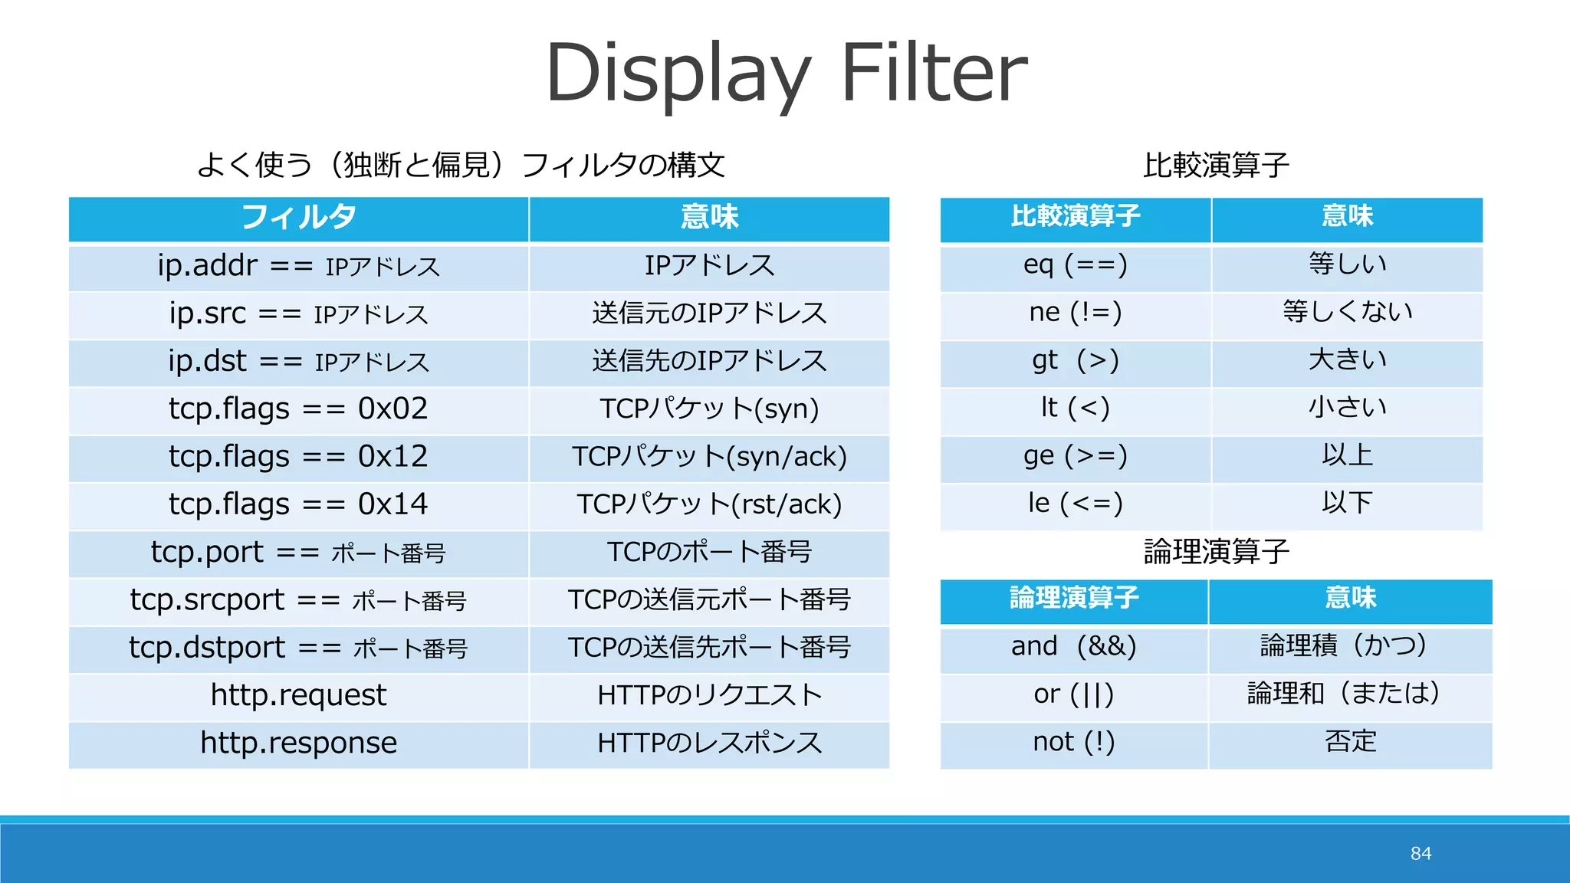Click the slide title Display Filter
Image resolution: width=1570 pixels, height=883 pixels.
click(x=786, y=73)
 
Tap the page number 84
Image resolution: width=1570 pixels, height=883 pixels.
click(x=1421, y=853)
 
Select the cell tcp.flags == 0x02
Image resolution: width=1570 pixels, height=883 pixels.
click(x=298, y=409)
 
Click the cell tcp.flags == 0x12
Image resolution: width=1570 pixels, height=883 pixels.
click(x=298, y=457)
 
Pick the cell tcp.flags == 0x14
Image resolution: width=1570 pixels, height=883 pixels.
click(x=298, y=504)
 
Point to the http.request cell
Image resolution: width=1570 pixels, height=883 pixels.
click(x=298, y=695)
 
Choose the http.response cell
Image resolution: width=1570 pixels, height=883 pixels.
click(x=298, y=743)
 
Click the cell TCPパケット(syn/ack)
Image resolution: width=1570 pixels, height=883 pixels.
click(x=709, y=457)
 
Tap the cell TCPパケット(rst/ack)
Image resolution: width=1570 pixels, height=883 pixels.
click(x=709, y=504)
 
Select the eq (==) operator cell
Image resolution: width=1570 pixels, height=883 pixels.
click(x=1075, y=265)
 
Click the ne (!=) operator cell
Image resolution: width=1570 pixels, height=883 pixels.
click(x=1075, y=313)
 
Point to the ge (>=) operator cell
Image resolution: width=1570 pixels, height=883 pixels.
click(x=1075, y=456)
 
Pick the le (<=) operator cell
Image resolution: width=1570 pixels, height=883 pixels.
click(x=1075, y=504)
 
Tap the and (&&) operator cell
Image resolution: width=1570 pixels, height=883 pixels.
click(x=1073, y=646)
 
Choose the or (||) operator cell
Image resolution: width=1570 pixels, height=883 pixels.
click(x=1073, y=694)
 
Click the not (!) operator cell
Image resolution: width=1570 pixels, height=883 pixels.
click(x=1073, y=742)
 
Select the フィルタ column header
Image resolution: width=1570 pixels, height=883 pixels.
click(x=298, y=218)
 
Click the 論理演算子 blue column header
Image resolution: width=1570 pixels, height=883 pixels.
click(x=1073, y=599)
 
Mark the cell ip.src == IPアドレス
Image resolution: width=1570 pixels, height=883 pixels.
click(x=298, y=313)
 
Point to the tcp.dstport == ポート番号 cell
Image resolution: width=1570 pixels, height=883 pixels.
click(x=298, y=648)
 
